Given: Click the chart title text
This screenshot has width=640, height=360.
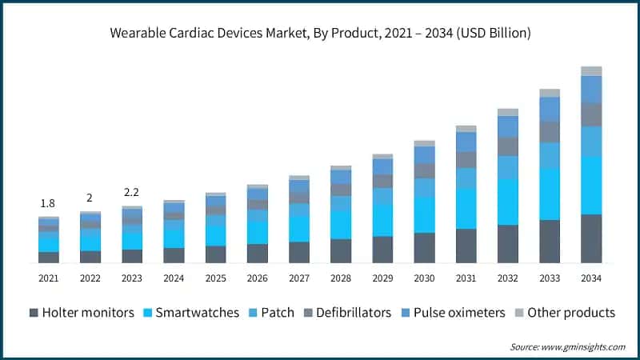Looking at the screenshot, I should tap(320, 33).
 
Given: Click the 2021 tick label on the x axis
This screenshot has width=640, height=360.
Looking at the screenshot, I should tap(49, 278).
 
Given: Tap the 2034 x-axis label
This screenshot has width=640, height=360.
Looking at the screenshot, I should tap(591, 278).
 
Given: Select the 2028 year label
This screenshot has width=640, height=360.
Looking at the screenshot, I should tap(341, 278).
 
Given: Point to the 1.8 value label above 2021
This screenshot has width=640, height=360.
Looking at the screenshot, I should tap(49, 204).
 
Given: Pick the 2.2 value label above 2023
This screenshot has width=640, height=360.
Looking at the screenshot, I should tap(132, 193).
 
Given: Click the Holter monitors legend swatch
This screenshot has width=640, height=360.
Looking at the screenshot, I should tap(34, 312).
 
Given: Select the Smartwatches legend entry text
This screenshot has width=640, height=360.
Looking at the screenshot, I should tap(197, 312).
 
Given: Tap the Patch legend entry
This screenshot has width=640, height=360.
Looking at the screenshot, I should tap(277, 312).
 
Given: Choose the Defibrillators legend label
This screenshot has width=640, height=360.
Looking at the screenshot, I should tap(353, 312).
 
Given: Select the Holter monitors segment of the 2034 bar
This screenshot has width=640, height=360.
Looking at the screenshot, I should tap(591, 238).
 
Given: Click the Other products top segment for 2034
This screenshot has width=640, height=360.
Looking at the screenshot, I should tap(591, 71).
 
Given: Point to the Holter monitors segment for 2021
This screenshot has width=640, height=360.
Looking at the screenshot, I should tap(49, 257).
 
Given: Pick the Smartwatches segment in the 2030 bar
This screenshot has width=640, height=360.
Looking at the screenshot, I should tap(424, 214).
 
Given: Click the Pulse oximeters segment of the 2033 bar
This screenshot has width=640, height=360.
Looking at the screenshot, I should tap(550, 109).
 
